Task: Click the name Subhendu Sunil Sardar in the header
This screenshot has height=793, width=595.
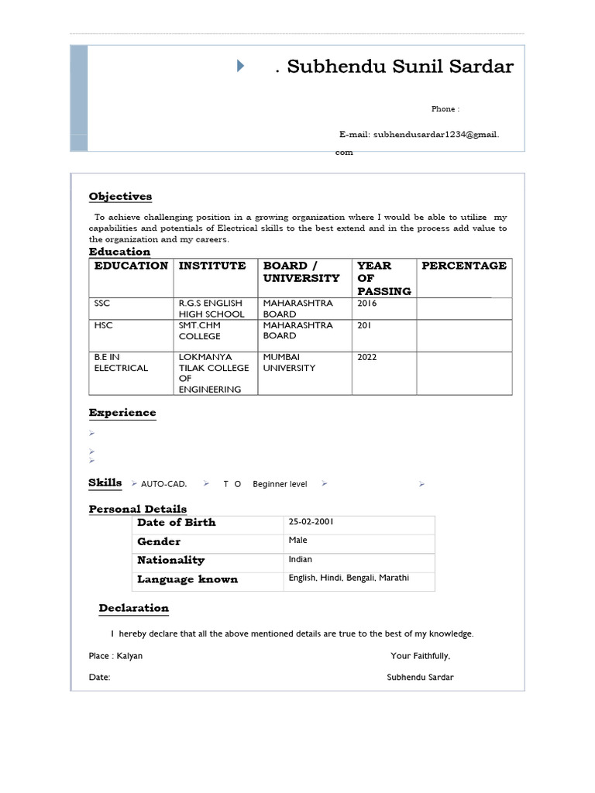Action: (400, 67)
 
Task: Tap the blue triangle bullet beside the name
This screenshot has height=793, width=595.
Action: (240, 66)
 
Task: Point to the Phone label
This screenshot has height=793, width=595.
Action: (445, 109)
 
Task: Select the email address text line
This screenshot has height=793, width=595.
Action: (419, 134)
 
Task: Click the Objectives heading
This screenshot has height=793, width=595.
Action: (120, 196)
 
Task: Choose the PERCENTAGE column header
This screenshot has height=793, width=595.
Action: (463, 266)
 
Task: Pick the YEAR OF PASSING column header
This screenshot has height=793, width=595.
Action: (383, 278)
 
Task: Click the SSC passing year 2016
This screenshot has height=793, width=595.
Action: (367, 304)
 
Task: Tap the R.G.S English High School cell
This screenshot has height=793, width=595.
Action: (212, 308)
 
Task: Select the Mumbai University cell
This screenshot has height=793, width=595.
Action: (289, 362)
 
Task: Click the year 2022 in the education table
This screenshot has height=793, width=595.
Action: (368, 357)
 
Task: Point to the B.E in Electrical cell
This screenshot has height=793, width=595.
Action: (121, 362)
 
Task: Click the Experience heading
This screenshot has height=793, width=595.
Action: (122, 413)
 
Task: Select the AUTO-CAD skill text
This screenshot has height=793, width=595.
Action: (163, 484)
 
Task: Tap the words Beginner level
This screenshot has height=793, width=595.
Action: (280, 484)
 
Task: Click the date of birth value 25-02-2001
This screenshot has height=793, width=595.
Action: (311, 522)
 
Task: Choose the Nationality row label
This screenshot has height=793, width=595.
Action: (170, 560)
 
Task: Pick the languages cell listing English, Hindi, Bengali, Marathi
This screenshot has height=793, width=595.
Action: (349, 578)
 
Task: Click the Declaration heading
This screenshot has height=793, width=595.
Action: (133, 608)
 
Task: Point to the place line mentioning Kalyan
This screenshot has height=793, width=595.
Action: (115, 656)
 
